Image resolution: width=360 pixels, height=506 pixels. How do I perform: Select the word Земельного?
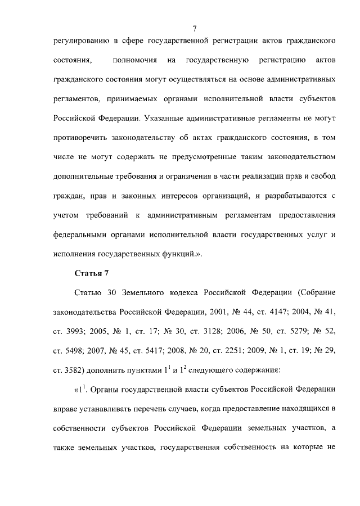(137, 293)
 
